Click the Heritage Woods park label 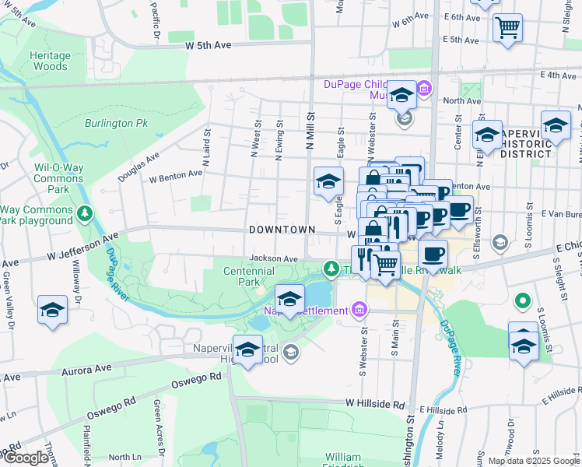click(x=50, y=61)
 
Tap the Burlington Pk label click(x=117, y=123)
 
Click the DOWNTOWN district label click(x=282, y=230)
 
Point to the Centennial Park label click(x=249, y=276)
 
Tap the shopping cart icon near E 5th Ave click(x=507, y=28)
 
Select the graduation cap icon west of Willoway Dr click(x=52, y=311)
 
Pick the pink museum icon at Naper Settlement click(x=358, y=311)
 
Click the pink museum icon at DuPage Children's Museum click(x=424, y=89)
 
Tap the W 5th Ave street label click(x=209, y=46)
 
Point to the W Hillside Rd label click(x=376, y=405)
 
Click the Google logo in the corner click(x=26, y=458)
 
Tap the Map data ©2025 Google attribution click(x=533, y=461)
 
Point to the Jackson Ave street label click(x=274, y=258)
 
